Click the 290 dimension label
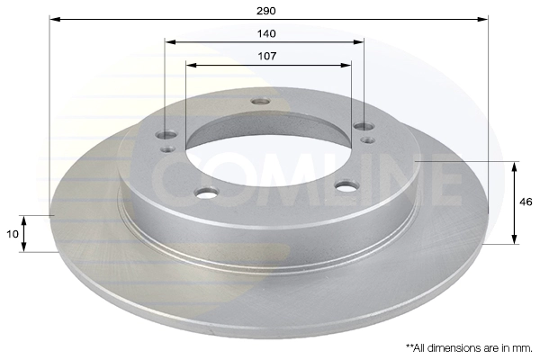point(266,11)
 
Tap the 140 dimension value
point(266,34)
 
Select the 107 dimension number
point(267,56)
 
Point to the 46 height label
point(526,202)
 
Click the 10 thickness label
point(13,234)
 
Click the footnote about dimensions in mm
point(469,348)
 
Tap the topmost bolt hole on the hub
point(261,102)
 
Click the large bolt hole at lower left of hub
point(207,192)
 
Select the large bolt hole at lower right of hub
point(347,186)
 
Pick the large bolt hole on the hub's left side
point(167,135)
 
